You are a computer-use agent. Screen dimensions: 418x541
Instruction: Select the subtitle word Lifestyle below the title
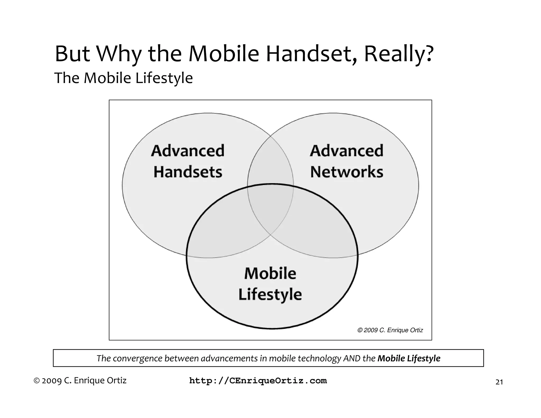coord(164,78)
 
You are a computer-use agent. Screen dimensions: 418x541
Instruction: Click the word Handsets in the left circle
coord(188,172)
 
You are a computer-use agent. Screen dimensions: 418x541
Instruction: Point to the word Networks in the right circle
coord(347,172)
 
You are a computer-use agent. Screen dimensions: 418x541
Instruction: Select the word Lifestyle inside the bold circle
coord(270,294)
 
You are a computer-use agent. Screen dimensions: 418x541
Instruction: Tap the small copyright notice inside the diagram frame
coord(390,330)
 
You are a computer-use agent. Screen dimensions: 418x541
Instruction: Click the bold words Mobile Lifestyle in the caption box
coord(409,358)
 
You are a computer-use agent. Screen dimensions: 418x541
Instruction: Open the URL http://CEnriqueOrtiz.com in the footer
coord(258,381)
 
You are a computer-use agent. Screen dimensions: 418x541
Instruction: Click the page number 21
coord(499,382)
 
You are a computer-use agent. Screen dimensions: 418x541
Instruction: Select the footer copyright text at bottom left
coord(80,380)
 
